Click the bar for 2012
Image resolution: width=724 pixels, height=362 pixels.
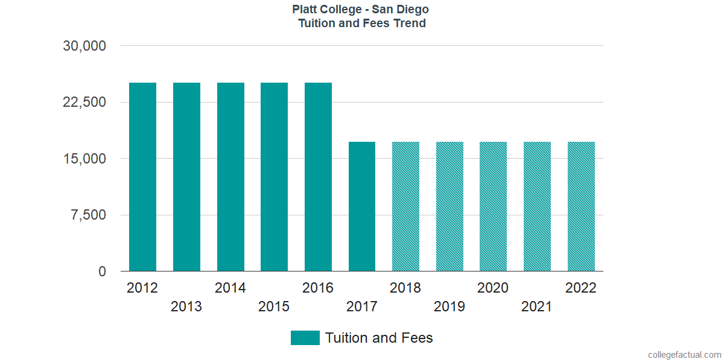point(142,177)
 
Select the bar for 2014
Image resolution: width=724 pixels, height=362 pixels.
point(230,177)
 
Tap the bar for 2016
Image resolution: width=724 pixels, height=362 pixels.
point(318,177)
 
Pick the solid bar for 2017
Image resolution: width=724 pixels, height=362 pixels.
point(362,206)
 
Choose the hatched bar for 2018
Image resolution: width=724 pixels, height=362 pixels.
point(405,206)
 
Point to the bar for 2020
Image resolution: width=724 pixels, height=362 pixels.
point(493,206)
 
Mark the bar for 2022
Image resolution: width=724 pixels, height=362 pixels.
point(581,206)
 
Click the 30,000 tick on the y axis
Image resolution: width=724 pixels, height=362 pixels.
point(84,46)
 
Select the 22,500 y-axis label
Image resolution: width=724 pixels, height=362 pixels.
point(84,102)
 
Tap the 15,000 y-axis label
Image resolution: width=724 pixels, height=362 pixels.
point(84,159)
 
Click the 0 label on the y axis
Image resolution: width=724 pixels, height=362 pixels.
point(103,271)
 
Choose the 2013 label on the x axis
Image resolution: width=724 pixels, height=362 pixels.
point(186,307)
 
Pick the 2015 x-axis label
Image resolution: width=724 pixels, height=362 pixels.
point(274,307)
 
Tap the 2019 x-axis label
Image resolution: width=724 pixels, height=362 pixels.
point(449,307)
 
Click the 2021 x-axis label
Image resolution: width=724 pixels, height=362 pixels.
point(537,307)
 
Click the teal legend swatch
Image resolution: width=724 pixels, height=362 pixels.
point(305,338)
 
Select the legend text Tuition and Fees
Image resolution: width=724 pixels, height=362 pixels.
point(379,338)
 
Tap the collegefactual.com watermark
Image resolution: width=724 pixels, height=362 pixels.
point(684,355)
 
